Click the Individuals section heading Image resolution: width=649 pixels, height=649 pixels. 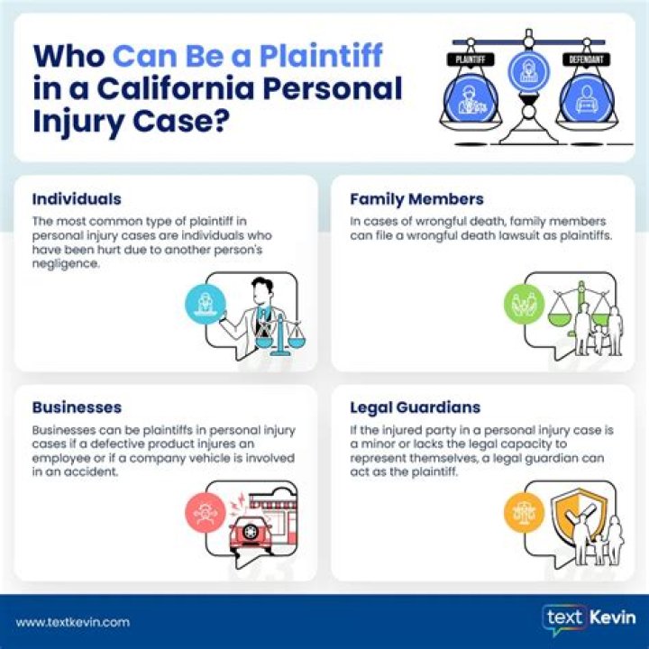77,199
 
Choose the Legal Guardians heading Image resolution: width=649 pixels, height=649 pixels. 415,407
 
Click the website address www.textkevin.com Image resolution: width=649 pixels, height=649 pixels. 73,622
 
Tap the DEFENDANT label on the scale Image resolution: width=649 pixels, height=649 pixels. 583,59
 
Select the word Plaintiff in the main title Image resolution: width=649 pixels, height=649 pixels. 322,56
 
